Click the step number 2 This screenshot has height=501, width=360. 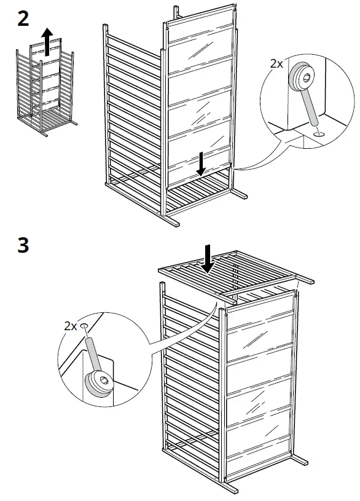(x=22, y=19)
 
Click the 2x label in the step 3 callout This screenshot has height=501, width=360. (x=70, y=326)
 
